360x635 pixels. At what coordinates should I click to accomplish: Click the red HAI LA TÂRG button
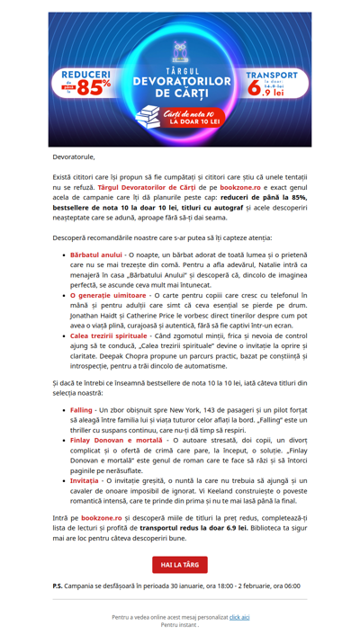[179, 564]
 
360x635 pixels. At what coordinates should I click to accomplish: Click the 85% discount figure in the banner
[94, 87]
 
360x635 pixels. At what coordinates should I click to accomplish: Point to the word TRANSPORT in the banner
[267, 76]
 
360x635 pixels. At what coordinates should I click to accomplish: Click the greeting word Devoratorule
[74, 157]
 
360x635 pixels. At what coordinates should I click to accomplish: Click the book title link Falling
[81, 409]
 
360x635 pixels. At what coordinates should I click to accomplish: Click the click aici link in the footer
[239, 617]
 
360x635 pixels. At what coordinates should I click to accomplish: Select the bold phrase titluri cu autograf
[228, 207]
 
